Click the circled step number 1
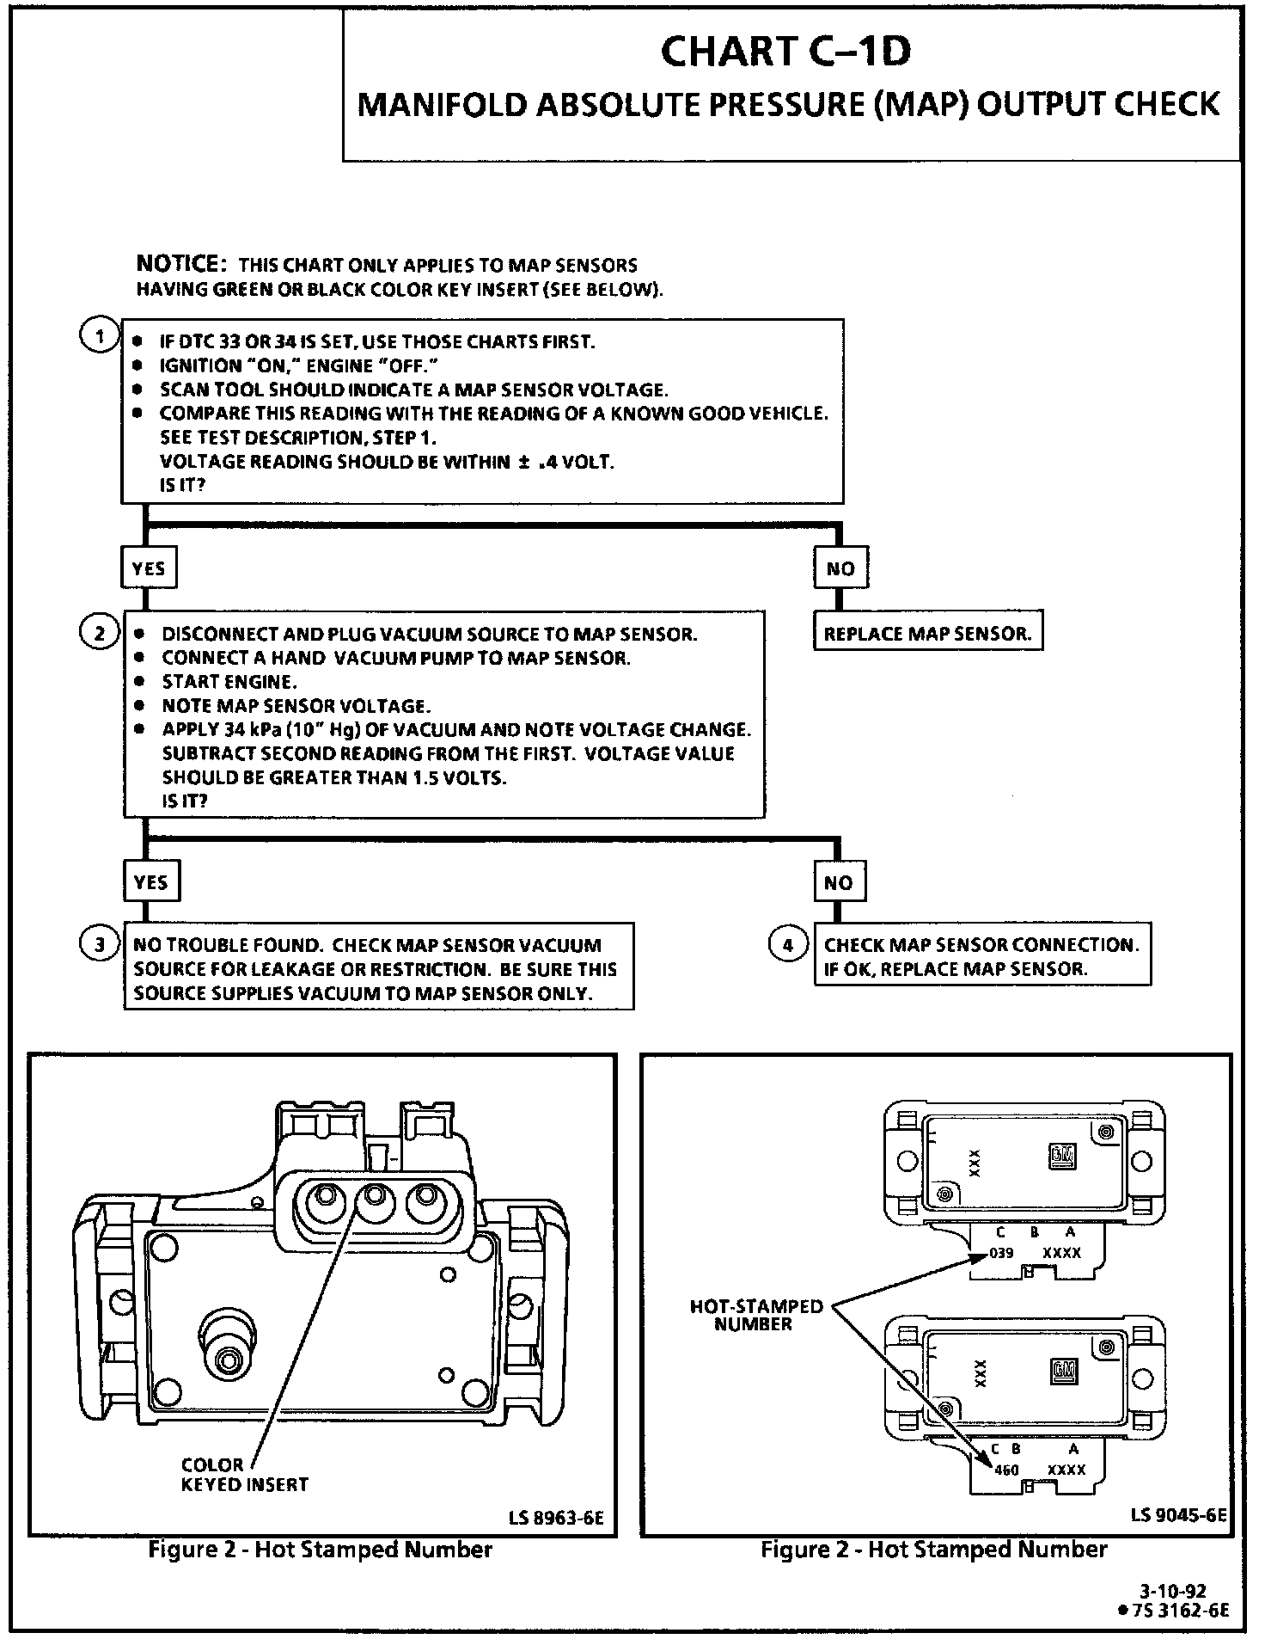tap(100, 336)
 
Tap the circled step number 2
tap(100, 633)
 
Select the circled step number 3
tap(100, 945)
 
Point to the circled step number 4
tap(787, 945)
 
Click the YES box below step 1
tap(149, 568)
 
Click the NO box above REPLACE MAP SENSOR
tap(840, 568)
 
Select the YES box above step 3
tap(150, 882)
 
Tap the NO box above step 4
tap(838, 882)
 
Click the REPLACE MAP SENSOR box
tap(927, 634)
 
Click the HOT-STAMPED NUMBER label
tap(755, 1315)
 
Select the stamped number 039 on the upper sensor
tap(1001, 1253)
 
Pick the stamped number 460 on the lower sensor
tap(1005, 1470)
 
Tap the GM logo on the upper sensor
tap(1060, 1157)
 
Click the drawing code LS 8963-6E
tap(556, 1519)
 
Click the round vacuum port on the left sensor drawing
tap(228, 1360)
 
